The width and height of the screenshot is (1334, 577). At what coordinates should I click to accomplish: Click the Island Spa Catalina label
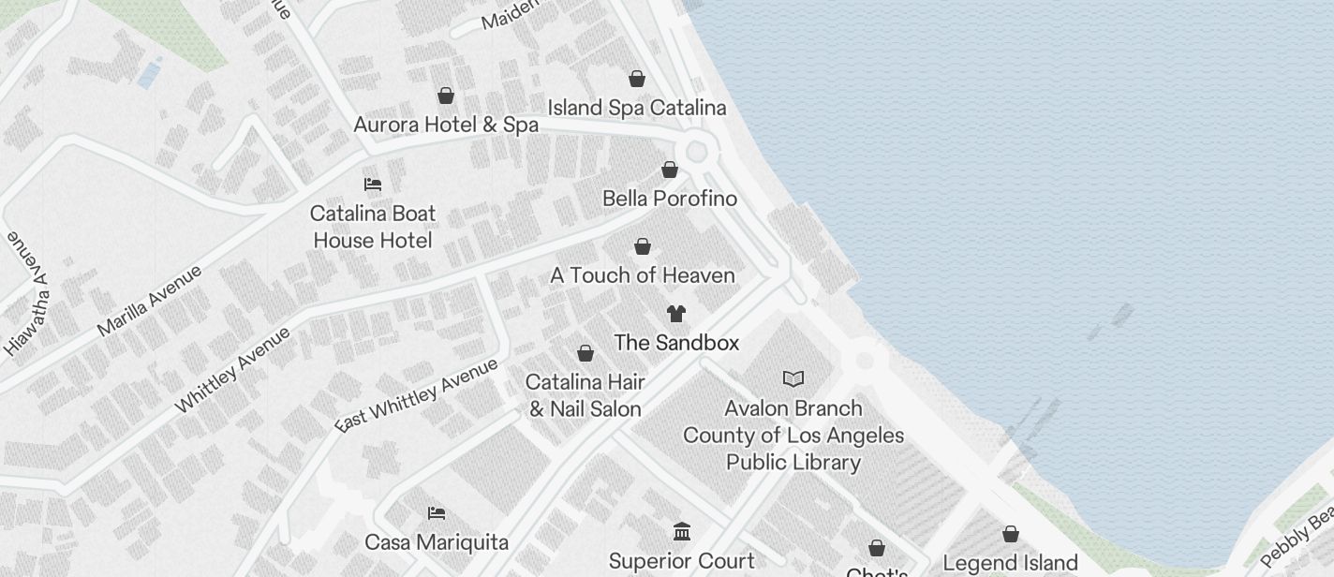click(636, 108)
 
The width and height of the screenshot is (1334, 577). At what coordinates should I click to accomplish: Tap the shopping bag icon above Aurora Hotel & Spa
click(446, 96)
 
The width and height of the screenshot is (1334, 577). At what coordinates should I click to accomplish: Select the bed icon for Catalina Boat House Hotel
click(373, 185)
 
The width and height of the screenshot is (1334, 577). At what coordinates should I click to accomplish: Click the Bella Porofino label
click(669, 199)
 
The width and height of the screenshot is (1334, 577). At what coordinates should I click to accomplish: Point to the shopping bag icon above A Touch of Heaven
click(643, 246)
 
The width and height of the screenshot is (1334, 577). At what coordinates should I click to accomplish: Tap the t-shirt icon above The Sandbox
click(676, 314)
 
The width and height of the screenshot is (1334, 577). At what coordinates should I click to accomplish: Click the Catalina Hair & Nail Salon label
click(585, 395)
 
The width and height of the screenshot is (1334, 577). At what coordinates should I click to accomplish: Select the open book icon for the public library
click(793, 379)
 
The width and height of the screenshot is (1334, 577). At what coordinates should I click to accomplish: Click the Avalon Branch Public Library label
click(793, 436)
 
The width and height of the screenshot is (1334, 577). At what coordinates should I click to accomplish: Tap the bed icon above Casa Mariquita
click(437, 513)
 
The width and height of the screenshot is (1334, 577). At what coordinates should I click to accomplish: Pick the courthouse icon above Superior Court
click(682, 532)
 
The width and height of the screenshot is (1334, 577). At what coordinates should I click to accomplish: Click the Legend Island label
click(1010, 563)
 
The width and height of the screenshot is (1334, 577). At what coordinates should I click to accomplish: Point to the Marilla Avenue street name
click(149, 301)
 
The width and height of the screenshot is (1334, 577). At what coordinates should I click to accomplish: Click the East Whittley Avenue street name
click(417, 395)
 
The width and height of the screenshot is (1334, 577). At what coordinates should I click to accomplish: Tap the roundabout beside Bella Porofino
click(696, 151)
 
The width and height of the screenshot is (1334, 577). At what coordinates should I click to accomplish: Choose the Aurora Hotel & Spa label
click(446, 125)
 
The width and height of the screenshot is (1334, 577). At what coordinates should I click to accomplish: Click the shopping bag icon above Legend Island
click(1011, 534)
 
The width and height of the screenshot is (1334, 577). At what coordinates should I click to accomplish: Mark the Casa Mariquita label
click(437, 542)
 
